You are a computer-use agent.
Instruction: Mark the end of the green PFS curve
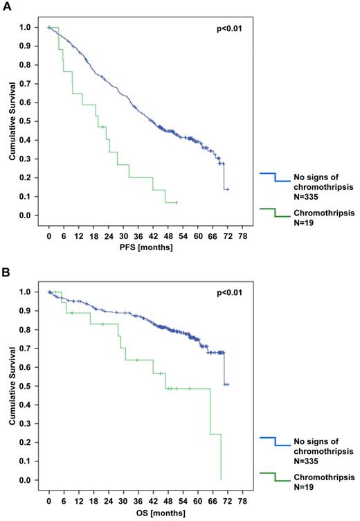click(x=177, y=202)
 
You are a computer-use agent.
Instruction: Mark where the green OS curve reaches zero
click(x=221, y=479)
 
